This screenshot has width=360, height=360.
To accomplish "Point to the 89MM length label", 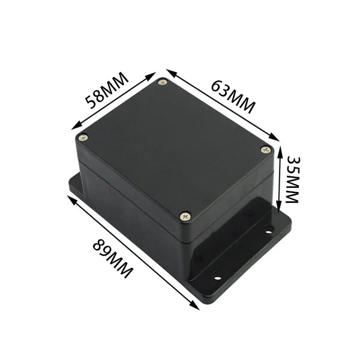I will [113, 259].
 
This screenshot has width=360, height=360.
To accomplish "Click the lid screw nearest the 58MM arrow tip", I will [162, 82].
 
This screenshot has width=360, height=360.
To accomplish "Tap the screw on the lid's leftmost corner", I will [84, 137].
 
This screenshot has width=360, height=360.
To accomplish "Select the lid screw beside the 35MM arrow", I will [266, 149].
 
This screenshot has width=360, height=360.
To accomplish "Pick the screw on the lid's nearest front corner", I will [185, 215].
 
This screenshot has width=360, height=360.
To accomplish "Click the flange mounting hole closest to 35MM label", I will [269, 229].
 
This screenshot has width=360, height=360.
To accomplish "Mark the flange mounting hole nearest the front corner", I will [217, 274].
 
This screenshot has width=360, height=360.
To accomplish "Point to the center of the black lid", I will [174, 147].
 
